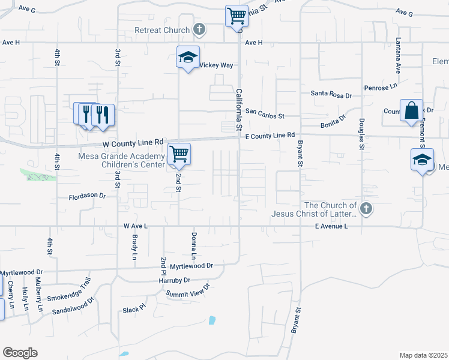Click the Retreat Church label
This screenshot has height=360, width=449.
pyautogui.click(x=161, y=30)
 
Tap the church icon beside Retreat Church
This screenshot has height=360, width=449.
pyautogui.click(x=200, y=29)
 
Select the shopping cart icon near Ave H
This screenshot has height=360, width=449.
pyautogui.click(x=237, y=16)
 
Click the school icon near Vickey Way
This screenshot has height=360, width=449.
pyautogui.click(x=188, y=58)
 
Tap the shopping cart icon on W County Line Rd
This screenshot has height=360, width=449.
pyautogui.click(x=179, y=154)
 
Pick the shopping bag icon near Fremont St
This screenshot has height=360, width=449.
pyautogui.click(x=411, y=111)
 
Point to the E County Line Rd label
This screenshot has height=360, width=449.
pyautogui.click(x=271, y=136)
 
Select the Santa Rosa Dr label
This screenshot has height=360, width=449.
pyautogui.click(x=331, y=94)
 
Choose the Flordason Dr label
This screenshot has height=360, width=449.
pyautogui.click(x=87, y=196)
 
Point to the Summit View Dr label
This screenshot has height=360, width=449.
pyautogui.click(x=188, y=291)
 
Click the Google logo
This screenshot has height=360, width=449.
pyautogui.click(x=20, y=353)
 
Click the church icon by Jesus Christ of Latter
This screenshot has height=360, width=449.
pyautogui.click(x=366, y=209)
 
